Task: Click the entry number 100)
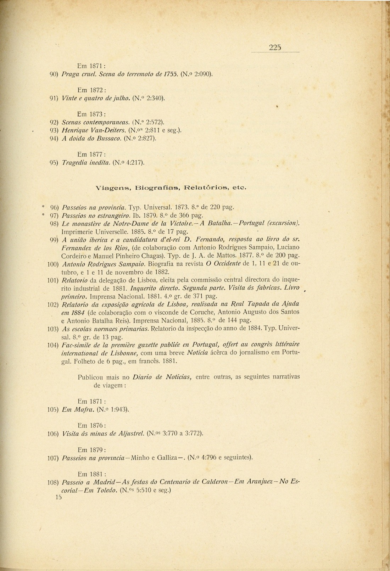(52, 264)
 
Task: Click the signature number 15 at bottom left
(58, 497)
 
